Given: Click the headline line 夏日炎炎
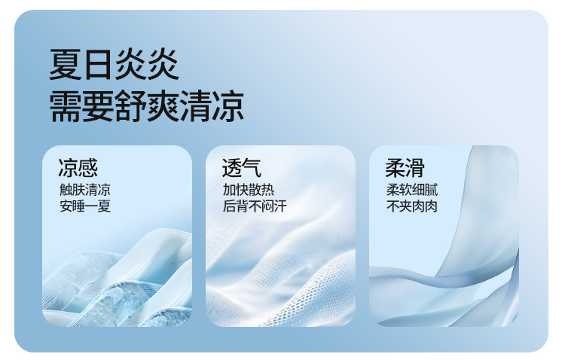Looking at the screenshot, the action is pos(114,65).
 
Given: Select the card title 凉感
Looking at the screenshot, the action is pos(78,168).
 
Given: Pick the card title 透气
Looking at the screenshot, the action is pos(241,168).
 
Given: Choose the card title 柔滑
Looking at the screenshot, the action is pos(405,168).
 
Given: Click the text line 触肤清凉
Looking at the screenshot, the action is pos(85,190).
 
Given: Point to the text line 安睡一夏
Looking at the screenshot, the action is pos(85,206).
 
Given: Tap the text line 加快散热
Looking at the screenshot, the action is pos(249,190).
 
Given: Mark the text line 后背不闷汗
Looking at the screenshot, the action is pos(255,206).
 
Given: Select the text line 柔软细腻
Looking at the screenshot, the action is pos(412,190).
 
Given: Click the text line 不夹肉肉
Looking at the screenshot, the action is pos(412,206).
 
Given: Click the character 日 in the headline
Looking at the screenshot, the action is pos(97,65).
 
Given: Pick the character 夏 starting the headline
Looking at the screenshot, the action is pos(66,65).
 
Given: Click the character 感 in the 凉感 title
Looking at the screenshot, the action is pos(88,168).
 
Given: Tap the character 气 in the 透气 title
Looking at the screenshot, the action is pos(252,168).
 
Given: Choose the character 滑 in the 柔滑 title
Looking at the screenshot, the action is pos(415,168).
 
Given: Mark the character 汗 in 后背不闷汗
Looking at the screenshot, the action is pos(281,206).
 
